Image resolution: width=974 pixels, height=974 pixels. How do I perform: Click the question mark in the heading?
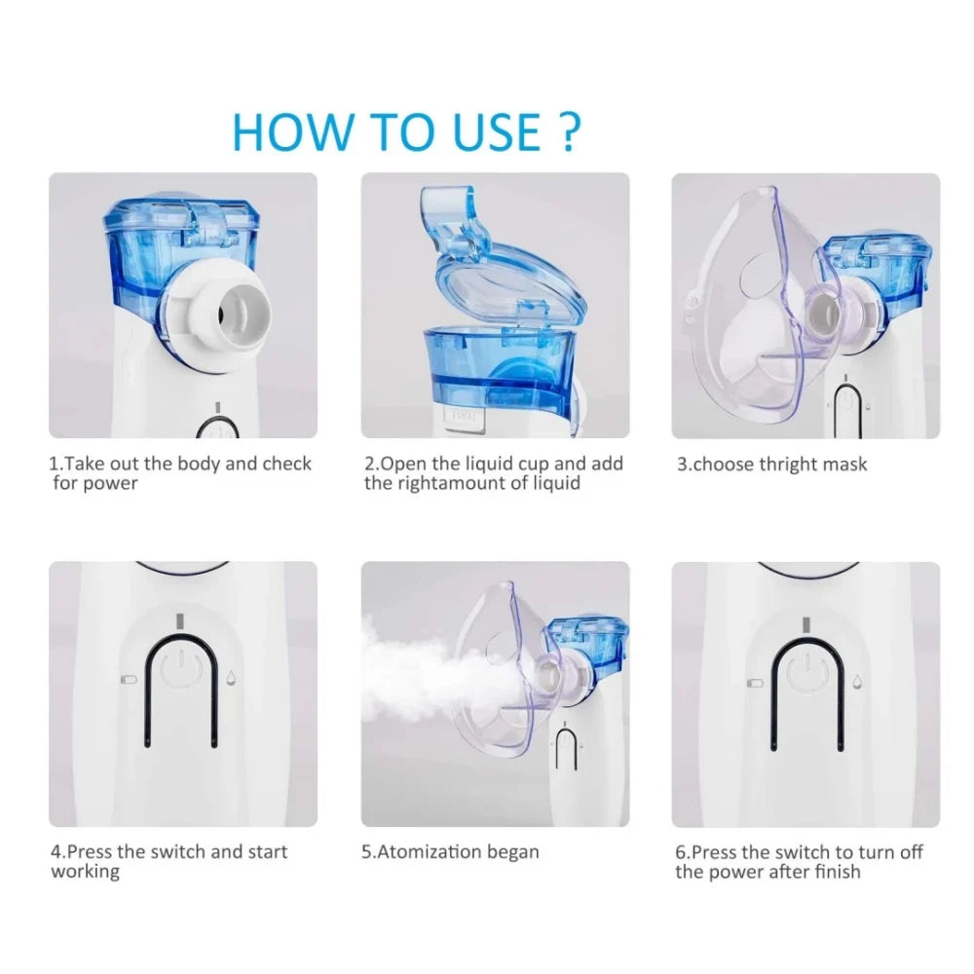568,131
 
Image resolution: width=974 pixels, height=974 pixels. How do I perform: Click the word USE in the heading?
497,131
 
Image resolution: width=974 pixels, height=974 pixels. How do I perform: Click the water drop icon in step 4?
231,677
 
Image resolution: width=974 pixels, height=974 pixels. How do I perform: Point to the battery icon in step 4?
129,680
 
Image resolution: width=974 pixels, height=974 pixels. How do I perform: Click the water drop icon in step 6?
857,682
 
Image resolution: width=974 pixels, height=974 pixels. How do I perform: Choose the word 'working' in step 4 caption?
85,872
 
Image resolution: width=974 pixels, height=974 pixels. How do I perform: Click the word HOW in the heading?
291,131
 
